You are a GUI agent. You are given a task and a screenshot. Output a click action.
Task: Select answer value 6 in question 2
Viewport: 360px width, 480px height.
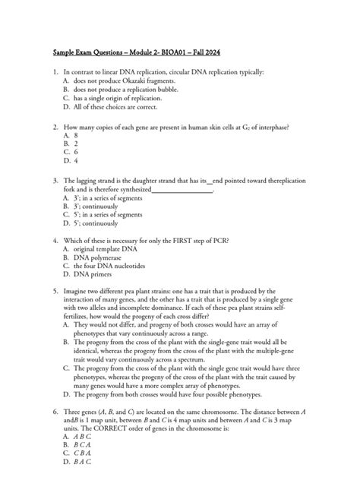pyautogui.click(x=77, y=152)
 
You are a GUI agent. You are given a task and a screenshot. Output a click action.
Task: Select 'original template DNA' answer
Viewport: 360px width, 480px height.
pyautogui.click(x=106, y=250)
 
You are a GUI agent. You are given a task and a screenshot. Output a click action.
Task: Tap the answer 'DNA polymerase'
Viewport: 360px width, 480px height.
pyautogui.click(x=99, y=259)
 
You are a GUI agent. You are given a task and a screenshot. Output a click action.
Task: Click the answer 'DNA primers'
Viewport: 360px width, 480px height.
pyautogui.click(x=93, y=276)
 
